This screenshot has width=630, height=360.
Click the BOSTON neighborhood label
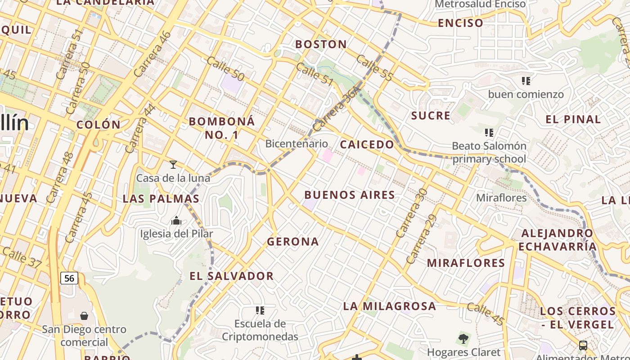tap(321, 44)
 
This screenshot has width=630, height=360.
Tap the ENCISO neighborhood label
tap(460, 23)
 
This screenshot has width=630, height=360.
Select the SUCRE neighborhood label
tap(431, 116)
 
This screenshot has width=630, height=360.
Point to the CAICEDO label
tap(367, 144)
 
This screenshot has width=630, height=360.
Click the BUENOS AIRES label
tap(350, 195)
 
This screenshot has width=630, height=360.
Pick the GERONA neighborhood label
tap(293, 242)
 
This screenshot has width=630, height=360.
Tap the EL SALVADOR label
tap(231, 276)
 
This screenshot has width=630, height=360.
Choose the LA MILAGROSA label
tap(390, 306)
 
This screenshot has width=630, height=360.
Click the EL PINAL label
tap(573, 120)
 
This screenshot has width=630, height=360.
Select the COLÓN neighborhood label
tap(99, 125)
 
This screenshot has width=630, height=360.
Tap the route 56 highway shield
tap(69, 278)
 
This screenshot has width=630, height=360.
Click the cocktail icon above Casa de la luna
tap(173, 165)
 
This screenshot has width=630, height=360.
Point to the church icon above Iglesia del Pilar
tap(176, 220)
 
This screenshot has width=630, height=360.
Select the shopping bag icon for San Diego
tap(84, 316)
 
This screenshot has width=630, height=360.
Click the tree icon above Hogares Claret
tap(463, 338)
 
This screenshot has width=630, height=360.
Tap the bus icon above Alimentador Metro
tap(583, 346)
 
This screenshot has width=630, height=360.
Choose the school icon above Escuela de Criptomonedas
tap(260, 310)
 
